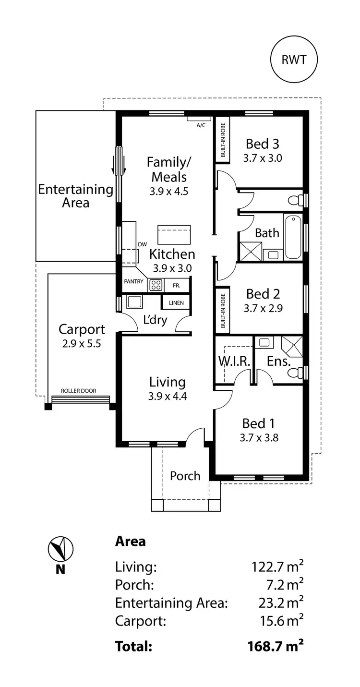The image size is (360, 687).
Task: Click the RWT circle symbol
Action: point(293,60)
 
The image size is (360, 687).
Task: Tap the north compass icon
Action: point(60,549)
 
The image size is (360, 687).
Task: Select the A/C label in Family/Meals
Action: point(201,125)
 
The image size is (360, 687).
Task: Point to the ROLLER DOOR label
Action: point(78,391)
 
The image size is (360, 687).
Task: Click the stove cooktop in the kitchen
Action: point(156,285)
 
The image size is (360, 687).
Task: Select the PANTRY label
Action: point(133,282)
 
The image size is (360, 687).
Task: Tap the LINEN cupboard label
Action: point(176,303)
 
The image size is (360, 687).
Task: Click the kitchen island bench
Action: point(174,235)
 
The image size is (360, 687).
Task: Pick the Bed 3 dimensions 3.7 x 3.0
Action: point(262,158)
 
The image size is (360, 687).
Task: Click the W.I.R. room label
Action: point(234,362)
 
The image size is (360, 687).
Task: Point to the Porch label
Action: point(185,476)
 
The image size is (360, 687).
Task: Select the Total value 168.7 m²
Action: point(275,646)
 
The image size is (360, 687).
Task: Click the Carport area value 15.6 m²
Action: point(277,621)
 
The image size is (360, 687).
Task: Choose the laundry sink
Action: point(133,301)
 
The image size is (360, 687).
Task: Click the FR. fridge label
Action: point(177,286)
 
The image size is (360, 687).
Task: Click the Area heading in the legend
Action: point(130,542)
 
